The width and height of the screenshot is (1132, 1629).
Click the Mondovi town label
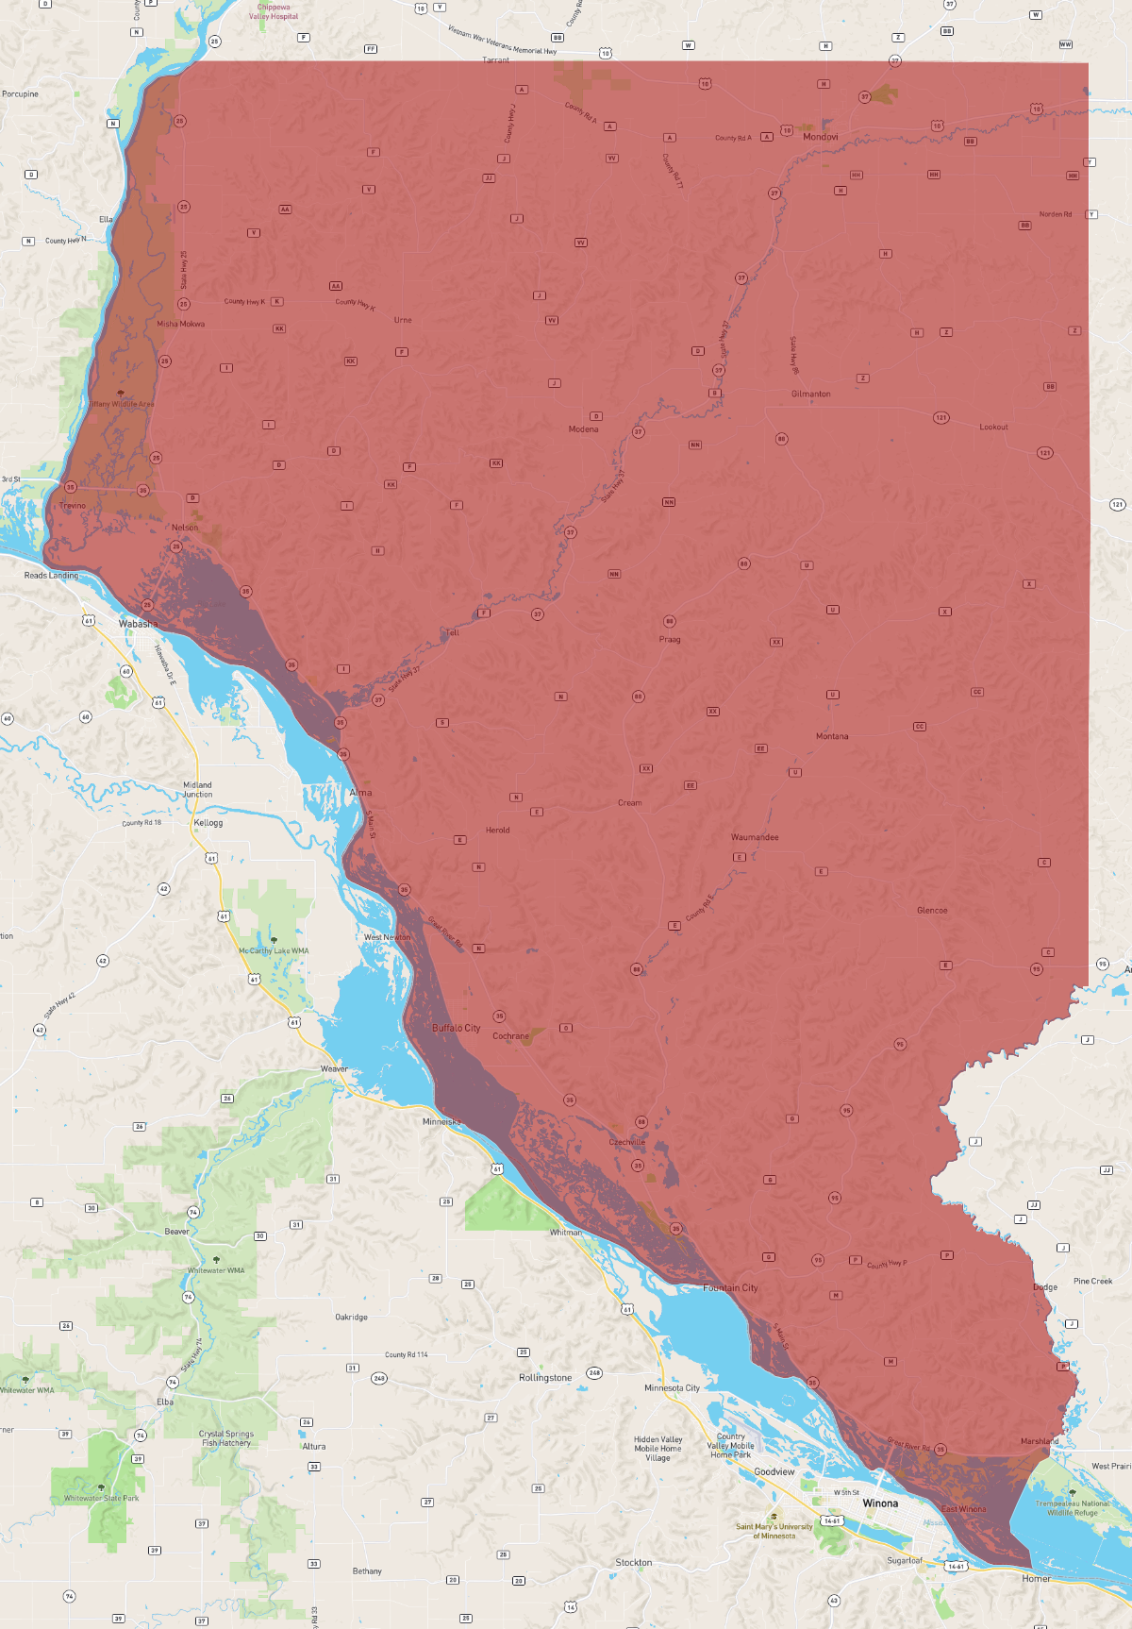[820, 137]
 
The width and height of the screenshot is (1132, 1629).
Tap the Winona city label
[880, 1503]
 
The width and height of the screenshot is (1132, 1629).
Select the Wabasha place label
[138, 624]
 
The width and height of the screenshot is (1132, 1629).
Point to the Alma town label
[360, 793]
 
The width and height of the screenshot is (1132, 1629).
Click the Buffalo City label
[456, 1028]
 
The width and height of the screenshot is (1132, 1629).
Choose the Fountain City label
[730, 1287]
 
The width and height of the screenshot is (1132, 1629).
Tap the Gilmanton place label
[810, 394]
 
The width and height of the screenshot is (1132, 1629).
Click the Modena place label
[583, 429]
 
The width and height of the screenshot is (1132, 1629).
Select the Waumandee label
[755, 837]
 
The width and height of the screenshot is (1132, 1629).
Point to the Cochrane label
[510, 1036]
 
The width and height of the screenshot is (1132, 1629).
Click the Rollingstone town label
[545, 1378]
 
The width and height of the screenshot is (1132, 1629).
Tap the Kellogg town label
[208, 823]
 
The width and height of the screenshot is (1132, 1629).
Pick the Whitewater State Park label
[101, 1498]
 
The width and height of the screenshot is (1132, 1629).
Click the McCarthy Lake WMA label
[274, 950]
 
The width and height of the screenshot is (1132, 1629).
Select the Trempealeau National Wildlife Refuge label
[1073, 1507]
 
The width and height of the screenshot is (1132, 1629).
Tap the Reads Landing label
[51, 575]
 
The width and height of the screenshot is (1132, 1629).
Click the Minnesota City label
[672, 1388]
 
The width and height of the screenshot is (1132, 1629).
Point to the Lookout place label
[993, 427]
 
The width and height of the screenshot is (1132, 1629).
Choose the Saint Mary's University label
[774, 1531]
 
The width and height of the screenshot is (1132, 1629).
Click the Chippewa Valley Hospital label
[274, 11]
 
